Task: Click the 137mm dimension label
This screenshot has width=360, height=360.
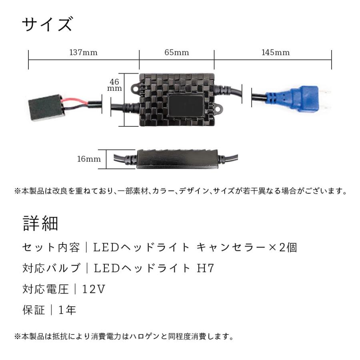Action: [83, 52]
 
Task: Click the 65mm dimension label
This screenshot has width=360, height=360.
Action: [177, 52]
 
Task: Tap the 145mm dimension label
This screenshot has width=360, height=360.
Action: [276, 52]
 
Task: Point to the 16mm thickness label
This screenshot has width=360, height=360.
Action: [89, 159]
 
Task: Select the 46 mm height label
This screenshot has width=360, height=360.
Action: [116, 85]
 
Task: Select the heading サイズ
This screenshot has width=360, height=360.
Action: [47, 25]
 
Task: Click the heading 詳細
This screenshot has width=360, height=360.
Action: [40, 224]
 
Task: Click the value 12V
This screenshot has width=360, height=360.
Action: [94, 289]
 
